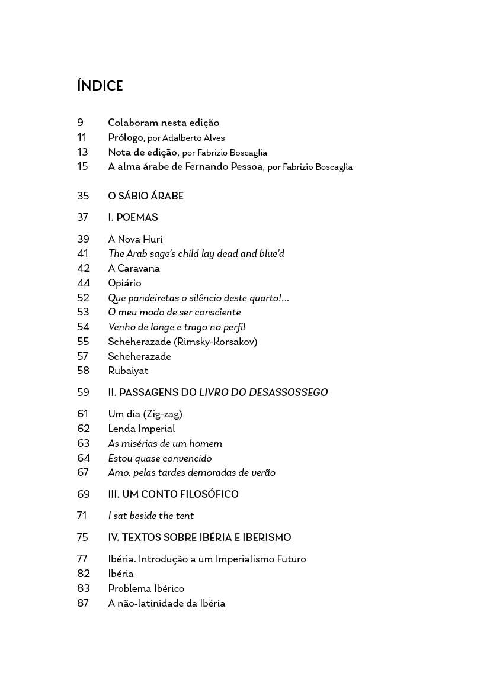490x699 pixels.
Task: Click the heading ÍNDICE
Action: coord(100,86)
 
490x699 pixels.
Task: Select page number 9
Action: coord(80,123)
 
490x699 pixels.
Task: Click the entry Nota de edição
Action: coord(143,152)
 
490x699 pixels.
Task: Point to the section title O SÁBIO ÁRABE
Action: coord(146,196)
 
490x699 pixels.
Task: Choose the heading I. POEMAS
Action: coord(133,218)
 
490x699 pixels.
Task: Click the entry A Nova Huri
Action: coord(135,239)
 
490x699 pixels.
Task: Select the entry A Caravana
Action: coord(134,268)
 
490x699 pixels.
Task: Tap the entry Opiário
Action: coord(124,283)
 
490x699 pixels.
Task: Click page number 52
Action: coord(83,298)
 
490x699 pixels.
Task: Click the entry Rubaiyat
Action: coord(128,371)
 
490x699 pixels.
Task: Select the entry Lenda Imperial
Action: coord(142,429)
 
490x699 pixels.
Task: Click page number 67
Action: coord(83,472)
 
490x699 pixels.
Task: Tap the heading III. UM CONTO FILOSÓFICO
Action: coord(173,494)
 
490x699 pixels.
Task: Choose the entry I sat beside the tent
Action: coord(151,516)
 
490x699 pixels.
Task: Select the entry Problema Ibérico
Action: coord(146,588)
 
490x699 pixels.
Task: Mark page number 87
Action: coord(83,603)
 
